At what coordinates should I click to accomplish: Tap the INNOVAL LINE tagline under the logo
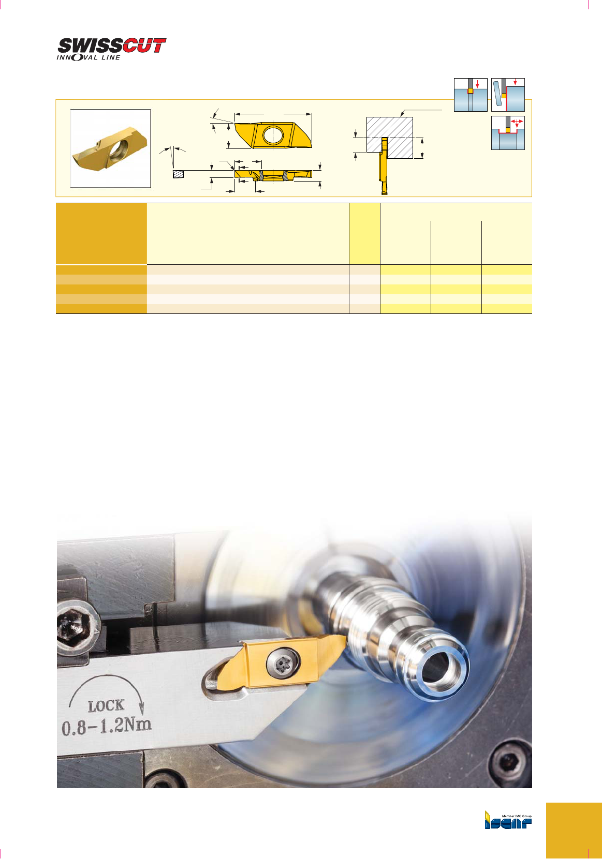click(x=89, y=57)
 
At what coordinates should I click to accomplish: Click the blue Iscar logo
click(x=508, y=821)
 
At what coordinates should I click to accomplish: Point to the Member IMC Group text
click(x=517, y=816)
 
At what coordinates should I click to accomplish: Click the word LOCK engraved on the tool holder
click(x=106, y=705)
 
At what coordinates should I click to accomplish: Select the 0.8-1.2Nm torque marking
click(x=107, y=726)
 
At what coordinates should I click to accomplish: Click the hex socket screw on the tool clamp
click(x=74, y=626)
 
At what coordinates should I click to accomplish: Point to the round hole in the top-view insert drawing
click(x=273, y=134)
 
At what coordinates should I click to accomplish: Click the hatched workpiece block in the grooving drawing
click(x=390, y=137)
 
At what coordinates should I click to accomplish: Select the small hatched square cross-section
click(x=178, y=174)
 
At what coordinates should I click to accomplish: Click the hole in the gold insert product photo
click(x=120, y=149)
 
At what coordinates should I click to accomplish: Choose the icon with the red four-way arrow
click(x=508, y=133)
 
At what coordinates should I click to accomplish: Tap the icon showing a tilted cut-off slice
click(x=508, y=95)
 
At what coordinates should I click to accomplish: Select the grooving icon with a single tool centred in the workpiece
click(x=471, y=95)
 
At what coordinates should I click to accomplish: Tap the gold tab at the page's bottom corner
click(x=574, y=831)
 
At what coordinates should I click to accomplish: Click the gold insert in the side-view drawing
click(x=273, y=174)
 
